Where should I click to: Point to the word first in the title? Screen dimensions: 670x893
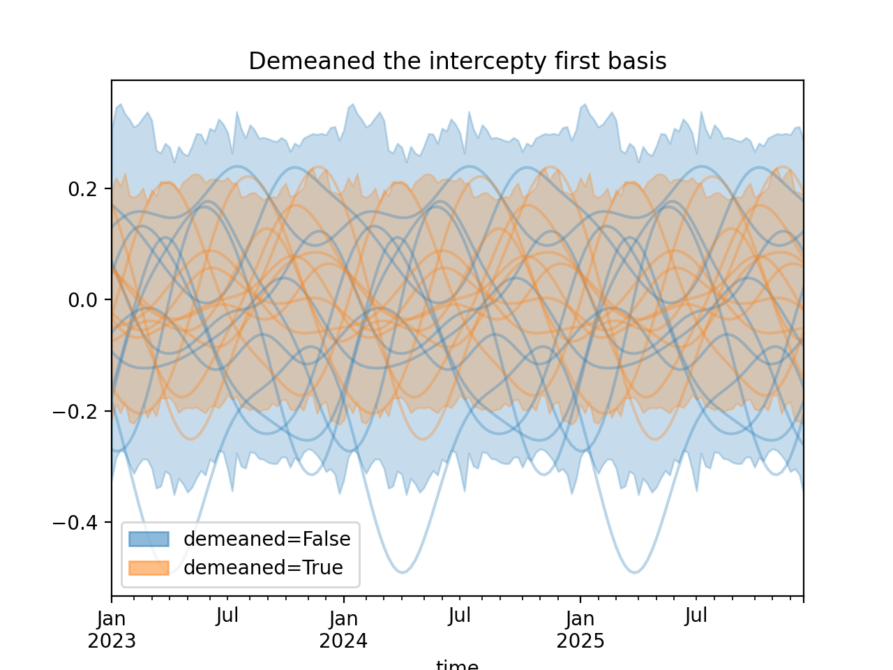click(576, 61)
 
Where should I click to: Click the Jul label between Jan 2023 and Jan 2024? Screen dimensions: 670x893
click(227, 616)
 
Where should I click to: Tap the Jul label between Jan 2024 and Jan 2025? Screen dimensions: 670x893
click(460, 616)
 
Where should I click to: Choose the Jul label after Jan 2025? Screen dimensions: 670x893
click(696, 616)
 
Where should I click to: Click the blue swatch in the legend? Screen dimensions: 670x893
click(149, 539)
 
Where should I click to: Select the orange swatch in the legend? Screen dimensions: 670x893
click(149, 568)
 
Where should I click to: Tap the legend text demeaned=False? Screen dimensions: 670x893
click(267, 539)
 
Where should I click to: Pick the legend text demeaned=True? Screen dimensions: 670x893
click(263, 568)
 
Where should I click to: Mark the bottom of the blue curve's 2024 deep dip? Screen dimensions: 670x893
click(403, 572)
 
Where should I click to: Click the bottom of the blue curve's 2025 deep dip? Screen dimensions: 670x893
click(635, 572)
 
